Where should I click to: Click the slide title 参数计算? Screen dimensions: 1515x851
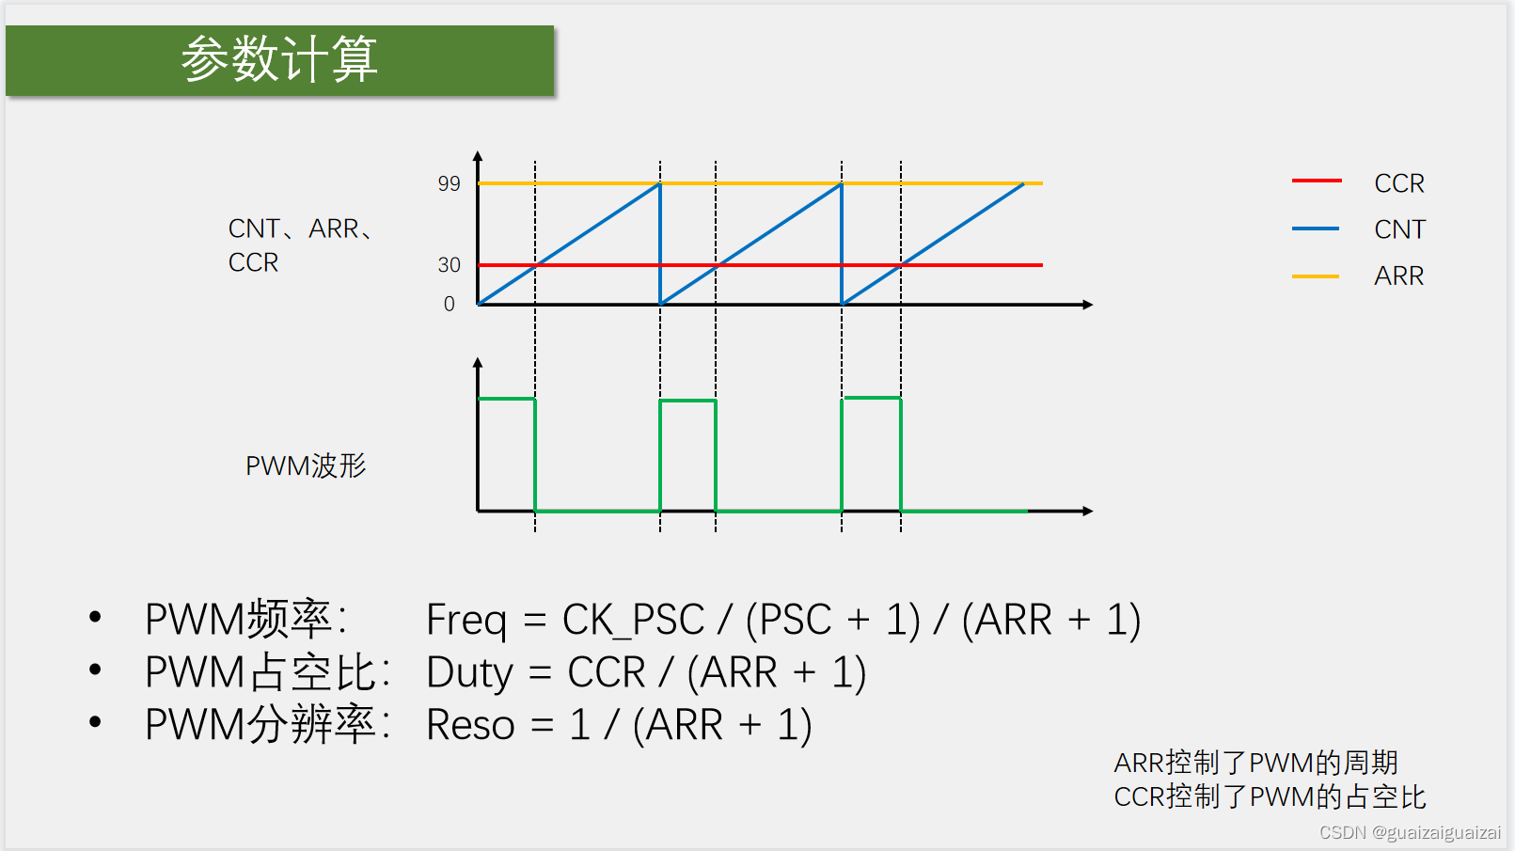tap(279, 60)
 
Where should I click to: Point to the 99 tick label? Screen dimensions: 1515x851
tap(449, 184)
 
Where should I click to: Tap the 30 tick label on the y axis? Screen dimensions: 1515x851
tap(449, 265)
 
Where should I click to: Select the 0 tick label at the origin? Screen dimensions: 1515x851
tap(449, 305)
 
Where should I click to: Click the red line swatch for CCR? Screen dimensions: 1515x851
tap(1316, 181)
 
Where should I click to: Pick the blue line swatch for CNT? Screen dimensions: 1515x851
tap(1316, 229)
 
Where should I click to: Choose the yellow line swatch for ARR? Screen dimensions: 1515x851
tap(1316, 276)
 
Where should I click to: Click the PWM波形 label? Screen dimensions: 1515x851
tap(306, 465)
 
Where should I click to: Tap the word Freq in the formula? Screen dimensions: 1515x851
tap(466, 620)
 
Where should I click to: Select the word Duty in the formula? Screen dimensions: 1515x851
tap(469, 672)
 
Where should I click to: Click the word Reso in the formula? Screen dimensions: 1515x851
tap(470, 725)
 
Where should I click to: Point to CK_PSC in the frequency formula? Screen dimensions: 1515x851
tap(633, 620)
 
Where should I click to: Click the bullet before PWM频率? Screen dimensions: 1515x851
tap(95, 618)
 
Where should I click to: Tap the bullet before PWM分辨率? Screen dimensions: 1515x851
tap(95, 722)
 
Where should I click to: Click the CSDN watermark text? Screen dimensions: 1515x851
tap(1410, 832)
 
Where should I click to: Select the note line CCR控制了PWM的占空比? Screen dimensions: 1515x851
tap(1270, 796)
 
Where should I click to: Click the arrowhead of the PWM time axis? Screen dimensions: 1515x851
tap(1088, 511)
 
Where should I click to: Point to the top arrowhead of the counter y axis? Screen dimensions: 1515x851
tap(478, 156)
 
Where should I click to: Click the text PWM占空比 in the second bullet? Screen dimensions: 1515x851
tap(268, 672)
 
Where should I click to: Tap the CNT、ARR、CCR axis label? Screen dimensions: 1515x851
tap(299, 245)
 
